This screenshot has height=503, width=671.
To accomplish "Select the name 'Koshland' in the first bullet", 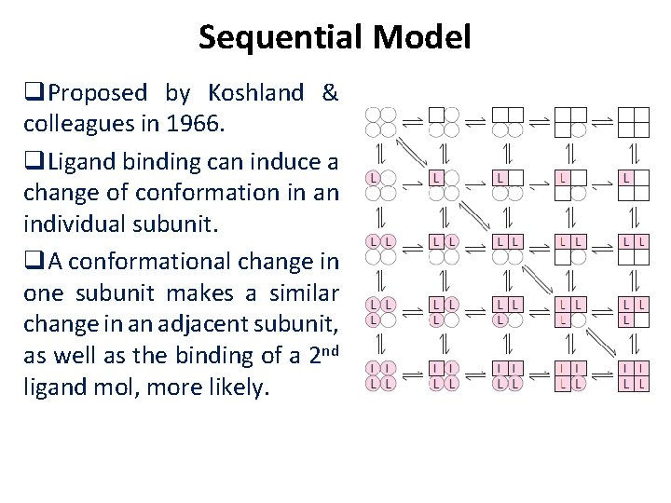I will (x=255, y=93).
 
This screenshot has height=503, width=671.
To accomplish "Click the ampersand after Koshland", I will (x=329, y=93).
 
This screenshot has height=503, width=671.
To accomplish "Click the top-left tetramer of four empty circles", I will (x=380, y=122).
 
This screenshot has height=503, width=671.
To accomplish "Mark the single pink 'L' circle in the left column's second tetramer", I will (x=373, y=176).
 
